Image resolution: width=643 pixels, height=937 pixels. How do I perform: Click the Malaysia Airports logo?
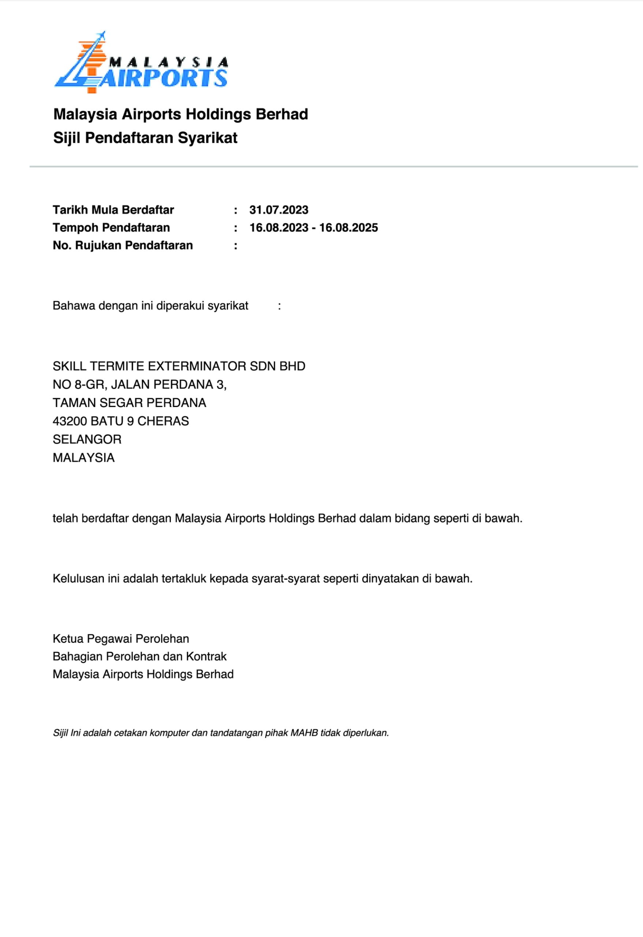(x=141, y=63)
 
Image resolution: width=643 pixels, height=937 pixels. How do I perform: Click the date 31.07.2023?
(x=278, y=210)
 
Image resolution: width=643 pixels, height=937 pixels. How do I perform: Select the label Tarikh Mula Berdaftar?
(x=113, y=210)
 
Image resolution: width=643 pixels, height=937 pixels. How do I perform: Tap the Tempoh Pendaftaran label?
(x=111, y=228)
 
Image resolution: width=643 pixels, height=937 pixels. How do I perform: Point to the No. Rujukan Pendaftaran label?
(x=123, y=246)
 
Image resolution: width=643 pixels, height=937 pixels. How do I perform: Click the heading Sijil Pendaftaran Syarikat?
(x=145, y=138)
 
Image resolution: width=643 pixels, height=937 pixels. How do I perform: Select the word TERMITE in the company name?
(x=116, y=366)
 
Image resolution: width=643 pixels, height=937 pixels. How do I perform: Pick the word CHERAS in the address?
(x=163, y=421)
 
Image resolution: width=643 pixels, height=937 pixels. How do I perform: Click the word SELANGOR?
(x=87, y=439)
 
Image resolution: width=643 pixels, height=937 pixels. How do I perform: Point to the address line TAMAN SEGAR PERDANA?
(x=130, y=403)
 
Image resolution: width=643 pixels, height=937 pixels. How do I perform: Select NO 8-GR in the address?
(x=79, y=385)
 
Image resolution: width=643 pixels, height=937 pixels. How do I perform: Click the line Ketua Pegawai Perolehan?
(x=121, y=639)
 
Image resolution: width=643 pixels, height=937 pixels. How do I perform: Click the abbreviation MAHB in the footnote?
(x=304, y=733)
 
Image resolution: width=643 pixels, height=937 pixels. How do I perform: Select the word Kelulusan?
(x=78, y=579)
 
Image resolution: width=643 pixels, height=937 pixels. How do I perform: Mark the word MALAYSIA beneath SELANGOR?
(x=83, y=458)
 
